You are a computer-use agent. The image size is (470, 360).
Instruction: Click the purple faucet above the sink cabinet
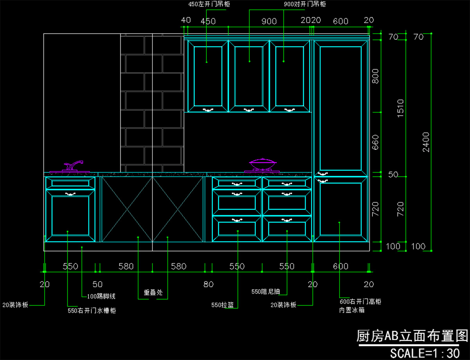click(73, 166)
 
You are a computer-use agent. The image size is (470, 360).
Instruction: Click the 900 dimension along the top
click(269, 21)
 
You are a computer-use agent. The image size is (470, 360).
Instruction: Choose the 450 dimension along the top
click(208, 21)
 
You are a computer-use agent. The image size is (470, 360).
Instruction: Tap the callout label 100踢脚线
click(101, 296)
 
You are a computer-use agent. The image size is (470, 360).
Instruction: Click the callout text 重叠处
click(153, 292)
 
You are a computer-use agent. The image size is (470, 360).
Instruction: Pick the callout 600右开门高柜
click(360, 302)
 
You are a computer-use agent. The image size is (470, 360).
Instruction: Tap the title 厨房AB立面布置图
click(412, 336)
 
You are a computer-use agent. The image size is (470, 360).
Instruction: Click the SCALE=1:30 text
click(425, 353)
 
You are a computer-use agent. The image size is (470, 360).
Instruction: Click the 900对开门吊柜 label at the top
click(304, 4)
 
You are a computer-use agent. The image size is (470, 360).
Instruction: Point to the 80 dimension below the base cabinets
click(208, 284)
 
